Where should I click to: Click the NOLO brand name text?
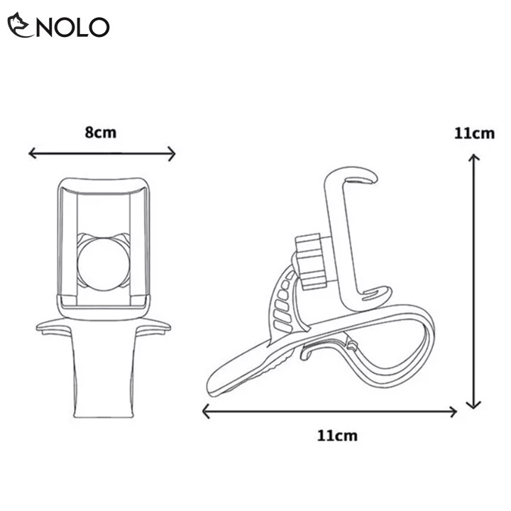point(72,27)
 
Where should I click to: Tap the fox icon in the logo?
point(20,25)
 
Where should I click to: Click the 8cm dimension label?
point(101,133)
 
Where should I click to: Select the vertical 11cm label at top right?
point(475,133)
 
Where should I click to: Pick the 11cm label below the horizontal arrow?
point(337,436)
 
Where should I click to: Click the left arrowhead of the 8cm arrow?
point(32,153)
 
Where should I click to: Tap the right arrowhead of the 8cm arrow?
point(172,153)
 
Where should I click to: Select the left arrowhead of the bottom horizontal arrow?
point(207,412)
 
